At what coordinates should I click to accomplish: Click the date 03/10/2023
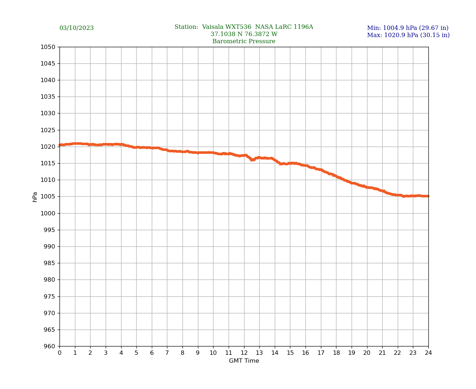tap(76, 28)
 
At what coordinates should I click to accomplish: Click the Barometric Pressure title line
tap(244, 41)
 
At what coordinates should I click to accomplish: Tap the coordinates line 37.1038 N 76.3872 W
tap(244, 34)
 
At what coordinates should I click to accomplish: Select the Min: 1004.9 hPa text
tap(407, 28)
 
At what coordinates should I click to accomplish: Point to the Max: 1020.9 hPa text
tap(408, 35)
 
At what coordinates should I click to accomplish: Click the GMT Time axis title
tap(244, 361)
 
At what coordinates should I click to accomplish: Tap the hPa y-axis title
tap(35, 197)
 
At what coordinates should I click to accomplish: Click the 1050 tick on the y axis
tap(48, 47)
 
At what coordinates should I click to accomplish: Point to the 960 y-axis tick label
tap(49, 346)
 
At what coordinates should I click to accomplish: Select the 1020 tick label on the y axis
tap(48, 147)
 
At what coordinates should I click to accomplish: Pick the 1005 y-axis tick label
tap(48, 197)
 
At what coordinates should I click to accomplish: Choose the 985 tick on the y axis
tap(49, 263)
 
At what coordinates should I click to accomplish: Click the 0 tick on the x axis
tap(59, 353)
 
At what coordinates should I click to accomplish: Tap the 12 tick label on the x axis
tap(244, 353)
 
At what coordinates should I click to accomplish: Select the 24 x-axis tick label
tap(428, 353)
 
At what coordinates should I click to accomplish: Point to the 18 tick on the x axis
tap(336, 353)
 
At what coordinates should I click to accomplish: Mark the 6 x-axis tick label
tap(152, 353)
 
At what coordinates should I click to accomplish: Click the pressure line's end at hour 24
tap(428, 196)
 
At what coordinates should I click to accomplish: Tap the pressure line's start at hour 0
tap(60, 145)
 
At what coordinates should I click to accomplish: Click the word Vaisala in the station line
tap(213, 27)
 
